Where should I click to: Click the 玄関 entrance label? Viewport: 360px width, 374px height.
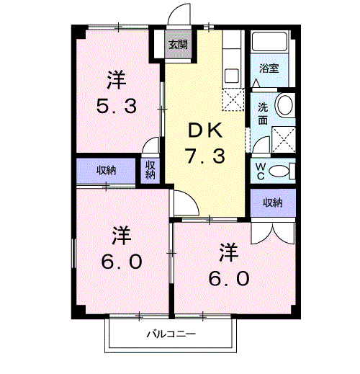coord(178,45)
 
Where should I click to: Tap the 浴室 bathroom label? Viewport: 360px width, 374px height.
coord(269,68)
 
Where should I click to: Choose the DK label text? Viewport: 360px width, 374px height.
coord(207,130)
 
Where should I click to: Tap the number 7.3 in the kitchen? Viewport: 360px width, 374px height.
coord(207,155)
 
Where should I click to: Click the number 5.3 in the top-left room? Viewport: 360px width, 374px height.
coord(117,106)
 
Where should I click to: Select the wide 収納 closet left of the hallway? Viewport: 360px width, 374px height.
coord(107,171)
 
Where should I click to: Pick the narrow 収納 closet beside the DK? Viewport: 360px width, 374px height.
coord(150,170)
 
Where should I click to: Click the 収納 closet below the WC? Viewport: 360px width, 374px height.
coord(272,202)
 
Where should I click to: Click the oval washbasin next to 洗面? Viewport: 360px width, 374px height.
coord(284,107)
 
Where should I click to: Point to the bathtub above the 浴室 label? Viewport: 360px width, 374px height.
coord(271,42)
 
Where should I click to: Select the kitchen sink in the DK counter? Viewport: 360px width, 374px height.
coord(232,75)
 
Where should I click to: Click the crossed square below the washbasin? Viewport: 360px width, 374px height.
coord(284,135)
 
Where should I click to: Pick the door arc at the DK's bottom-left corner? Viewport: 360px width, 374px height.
coord(181,204)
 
